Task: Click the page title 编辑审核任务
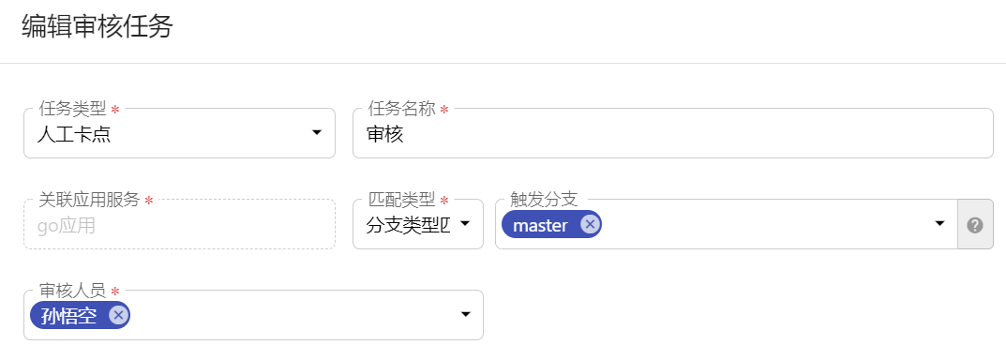(98, 27)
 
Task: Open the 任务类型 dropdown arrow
(317, 134)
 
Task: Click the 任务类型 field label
(72, 109)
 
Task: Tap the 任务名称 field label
(401, 109)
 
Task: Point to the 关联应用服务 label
(89, 200)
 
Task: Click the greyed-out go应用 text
(66, 225)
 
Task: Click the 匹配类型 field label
(401, 200)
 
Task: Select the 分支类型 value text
(408, 225)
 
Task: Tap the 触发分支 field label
(543, 200)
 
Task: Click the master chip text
(540, 225)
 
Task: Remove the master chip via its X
(589, 224)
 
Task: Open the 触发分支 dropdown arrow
(939, 224)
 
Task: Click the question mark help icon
(975, 225)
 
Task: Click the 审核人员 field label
(72, 291)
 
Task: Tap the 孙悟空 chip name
(68, 316)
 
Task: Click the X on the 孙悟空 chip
(117, 315)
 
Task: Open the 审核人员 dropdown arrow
(465, 315)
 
